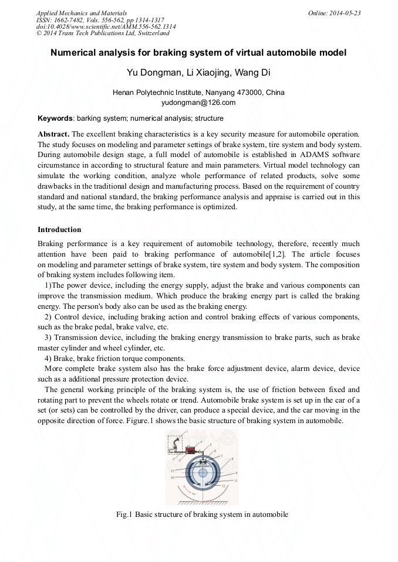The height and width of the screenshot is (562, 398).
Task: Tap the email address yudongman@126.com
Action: point(198,102)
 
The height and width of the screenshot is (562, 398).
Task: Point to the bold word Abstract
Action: point(53,134)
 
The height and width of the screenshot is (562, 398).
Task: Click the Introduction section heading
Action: point(59,229)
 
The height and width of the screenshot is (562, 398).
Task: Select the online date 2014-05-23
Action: point(346,13)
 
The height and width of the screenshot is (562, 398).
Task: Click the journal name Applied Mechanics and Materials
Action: point(81,13)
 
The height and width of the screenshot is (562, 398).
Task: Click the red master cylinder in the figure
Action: point(190,450)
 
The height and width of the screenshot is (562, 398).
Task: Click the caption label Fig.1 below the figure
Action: point(124,515)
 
